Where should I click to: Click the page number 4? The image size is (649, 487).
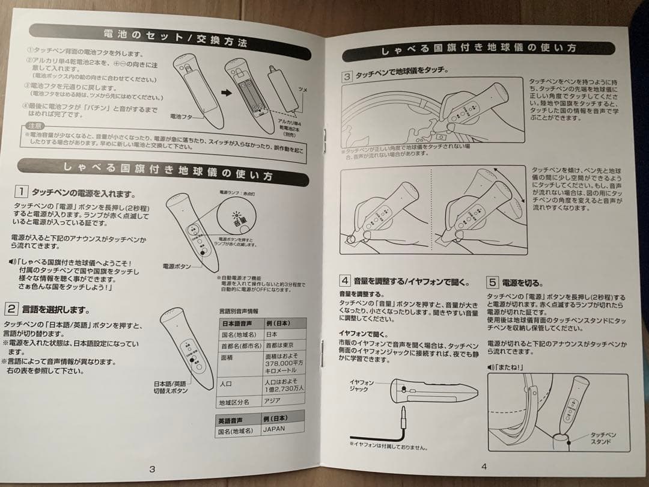[483, 465]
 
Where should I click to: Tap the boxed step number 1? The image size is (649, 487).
[20, 192]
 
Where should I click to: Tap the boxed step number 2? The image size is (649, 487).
[11, 309]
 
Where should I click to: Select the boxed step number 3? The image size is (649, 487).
[347, 77]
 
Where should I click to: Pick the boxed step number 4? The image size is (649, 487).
[344, 281]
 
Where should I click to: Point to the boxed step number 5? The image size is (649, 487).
[492, 282]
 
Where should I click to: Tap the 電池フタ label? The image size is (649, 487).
[182, 116]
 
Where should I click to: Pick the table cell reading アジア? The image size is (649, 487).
[276, 401]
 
